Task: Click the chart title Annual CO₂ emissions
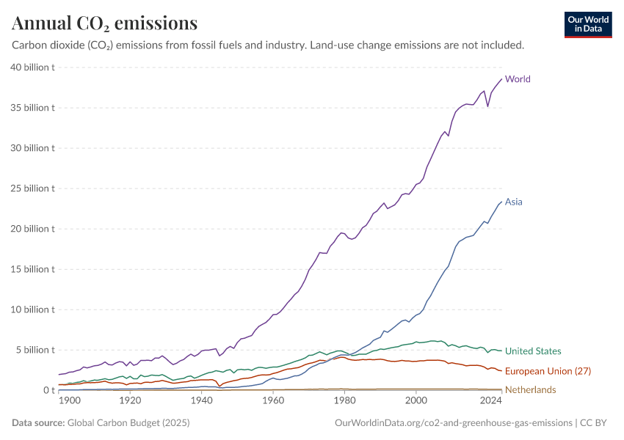[x=104, y=23]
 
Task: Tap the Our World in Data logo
[x=587, y=24]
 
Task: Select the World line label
[x=518, y=79]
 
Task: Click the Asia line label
[x=514, y=202]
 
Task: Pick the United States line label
[x=533, y=351]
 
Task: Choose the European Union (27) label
[x=548, y=371]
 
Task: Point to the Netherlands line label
[x=530, y=389]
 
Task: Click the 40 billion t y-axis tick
[x=33, y=67]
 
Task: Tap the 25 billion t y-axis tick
[x=33, y=188]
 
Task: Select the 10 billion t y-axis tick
[x=33, y=309]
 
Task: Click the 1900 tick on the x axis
[x=69, y=402]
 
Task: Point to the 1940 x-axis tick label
[x=201, y=402]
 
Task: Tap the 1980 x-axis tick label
[x=344, y=402]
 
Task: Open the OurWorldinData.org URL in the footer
[x=453, y=423]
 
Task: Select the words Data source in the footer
[x=37, y=423]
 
